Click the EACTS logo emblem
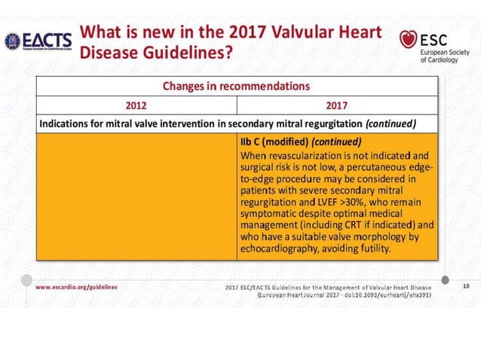click(x=13, y=41)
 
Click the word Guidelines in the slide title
click(x=193, y=54)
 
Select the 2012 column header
click(x=136, y=105)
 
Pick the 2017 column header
click(x=337, y=105)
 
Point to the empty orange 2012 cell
click(x=136, y=196)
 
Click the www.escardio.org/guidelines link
click(x=75, y=287)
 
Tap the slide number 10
click(x=465, y=286)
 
